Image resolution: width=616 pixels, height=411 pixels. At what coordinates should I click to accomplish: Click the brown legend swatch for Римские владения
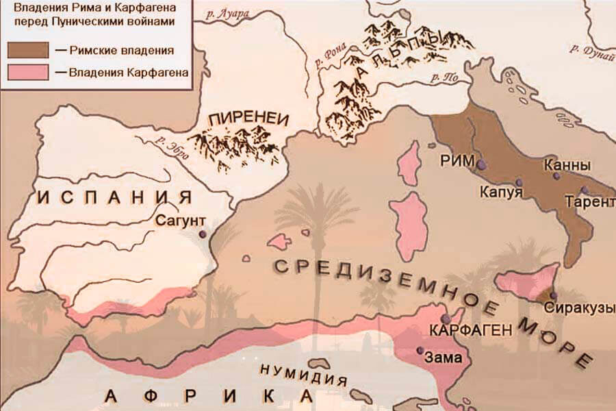pos(28,50)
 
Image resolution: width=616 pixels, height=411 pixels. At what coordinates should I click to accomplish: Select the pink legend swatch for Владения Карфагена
pos(28,72)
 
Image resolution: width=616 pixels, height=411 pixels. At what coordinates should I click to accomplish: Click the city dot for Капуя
pos(519,183)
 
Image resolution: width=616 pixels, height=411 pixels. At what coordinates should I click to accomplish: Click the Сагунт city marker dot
pos(203,234)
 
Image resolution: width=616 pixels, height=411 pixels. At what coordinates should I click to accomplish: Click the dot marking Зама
pos(420,351)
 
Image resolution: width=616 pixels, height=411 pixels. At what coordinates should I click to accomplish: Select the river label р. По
pos(446,77)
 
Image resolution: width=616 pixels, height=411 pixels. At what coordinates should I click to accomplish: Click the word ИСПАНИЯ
pos(114,199)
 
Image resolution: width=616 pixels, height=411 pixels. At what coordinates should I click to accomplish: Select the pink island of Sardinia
pos(411,225)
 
